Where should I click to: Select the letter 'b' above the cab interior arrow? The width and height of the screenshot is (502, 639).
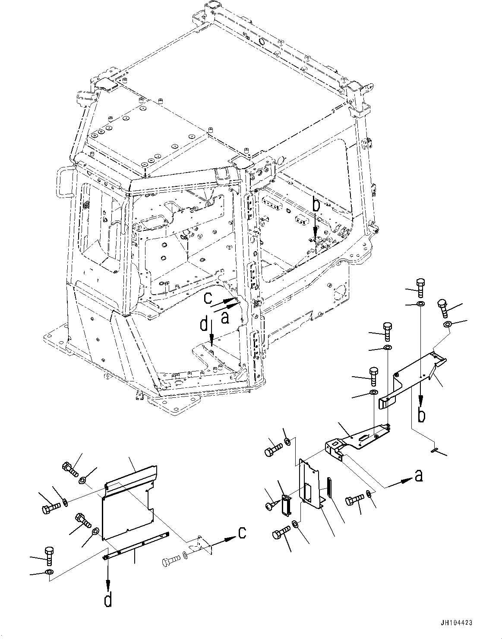pyautogui.click(x=316, y=206)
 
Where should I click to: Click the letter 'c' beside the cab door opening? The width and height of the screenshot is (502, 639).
pyautogui.click(x=208, y=298)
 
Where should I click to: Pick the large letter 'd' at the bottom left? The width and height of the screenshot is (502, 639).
pyautogui.click(x=109, y=600)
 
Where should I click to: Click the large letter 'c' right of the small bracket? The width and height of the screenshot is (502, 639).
pyautogui.click(x=242, y=533)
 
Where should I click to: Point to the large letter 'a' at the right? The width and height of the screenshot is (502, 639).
pyautogui.click(x=417, y=476)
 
